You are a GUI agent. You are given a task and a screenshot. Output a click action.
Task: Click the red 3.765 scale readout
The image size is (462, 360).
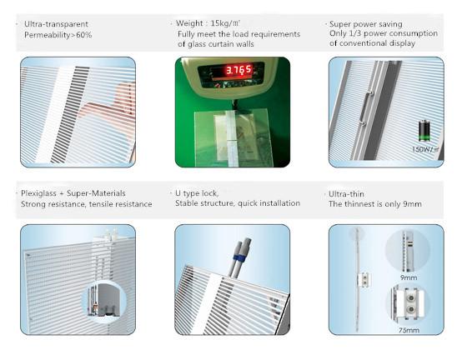click(239, 70)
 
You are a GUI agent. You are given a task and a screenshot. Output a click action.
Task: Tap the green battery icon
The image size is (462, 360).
click(424, 131)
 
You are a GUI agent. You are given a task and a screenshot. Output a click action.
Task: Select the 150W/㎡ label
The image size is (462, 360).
click(425, 149)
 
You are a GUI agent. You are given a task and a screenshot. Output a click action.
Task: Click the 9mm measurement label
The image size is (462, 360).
click(409, 277)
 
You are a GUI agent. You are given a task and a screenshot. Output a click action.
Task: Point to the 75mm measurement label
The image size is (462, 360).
click(409, 330)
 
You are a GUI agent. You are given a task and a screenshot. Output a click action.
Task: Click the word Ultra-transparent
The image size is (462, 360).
click(56, 24)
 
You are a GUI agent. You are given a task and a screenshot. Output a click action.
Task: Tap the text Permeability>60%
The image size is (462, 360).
click(58, 35)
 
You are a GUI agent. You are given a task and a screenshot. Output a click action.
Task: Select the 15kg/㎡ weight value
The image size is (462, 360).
click(225, 23)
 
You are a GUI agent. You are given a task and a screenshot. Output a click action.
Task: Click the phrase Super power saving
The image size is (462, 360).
click(365, 24)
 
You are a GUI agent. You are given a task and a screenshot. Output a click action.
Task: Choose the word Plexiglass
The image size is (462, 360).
click(38, 193)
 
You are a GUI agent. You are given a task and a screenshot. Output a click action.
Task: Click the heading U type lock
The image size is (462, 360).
click(197, 193)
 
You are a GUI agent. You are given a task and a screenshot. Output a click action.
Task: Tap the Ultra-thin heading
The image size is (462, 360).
click(346, 194)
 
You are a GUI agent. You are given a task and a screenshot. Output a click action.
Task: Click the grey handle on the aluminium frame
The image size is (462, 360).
click(365, 107)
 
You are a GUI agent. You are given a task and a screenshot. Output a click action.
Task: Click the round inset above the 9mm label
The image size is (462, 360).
click(408, 251)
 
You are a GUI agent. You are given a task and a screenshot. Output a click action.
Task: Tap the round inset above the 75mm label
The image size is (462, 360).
click(409, 304)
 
